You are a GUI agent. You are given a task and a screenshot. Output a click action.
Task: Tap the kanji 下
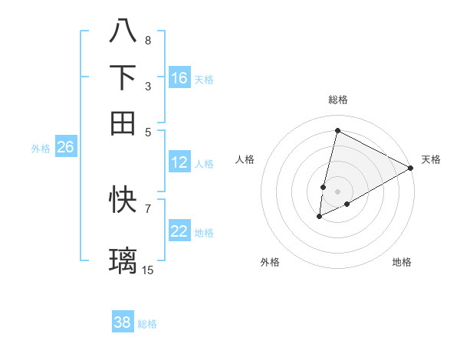click(x=123, y=77)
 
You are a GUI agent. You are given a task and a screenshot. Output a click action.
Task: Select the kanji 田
click(x=123, y=123)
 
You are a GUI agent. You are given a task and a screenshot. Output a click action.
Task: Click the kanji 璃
click(x=123, y=260)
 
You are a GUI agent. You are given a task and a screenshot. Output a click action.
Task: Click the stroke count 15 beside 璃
click(x=148, y=270)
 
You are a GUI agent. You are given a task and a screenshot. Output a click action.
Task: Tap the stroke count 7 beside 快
click(x=147, y=208)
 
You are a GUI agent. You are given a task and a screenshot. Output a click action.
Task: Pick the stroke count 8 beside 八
click(x=147, y=40)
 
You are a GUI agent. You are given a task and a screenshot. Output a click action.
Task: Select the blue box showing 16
click(x=179, y=78)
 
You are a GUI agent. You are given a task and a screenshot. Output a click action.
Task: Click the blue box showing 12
click(x=179, y=162)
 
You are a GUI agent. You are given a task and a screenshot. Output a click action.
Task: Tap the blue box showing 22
click(x=179, y=232)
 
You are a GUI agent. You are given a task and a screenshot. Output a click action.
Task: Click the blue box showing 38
click(x=123, y=322)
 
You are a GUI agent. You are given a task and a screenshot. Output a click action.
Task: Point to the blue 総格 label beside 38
click(x=147, y=324)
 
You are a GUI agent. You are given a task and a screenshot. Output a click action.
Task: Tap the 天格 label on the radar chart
click(x=431, y=159)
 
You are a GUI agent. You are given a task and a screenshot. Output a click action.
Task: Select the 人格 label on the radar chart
click(x=245, y=159)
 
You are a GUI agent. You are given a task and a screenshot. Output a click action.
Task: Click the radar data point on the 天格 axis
click(x=411, y=168)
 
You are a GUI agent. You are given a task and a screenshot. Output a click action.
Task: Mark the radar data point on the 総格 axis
click(x=337, y=130)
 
